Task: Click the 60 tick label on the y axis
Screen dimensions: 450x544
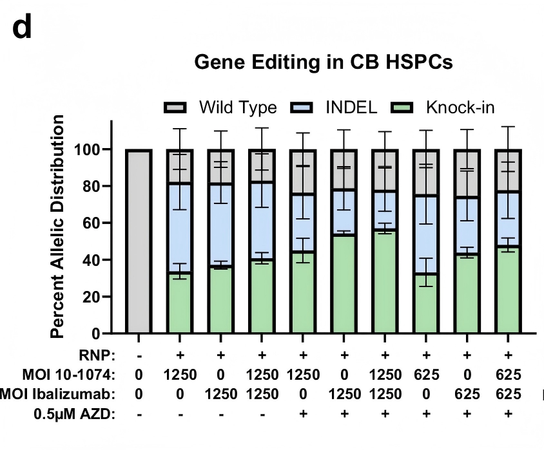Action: (x=95, y=223)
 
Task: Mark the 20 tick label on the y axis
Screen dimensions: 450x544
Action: (x=95, y=297)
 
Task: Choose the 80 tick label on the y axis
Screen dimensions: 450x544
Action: (x=95, y=187)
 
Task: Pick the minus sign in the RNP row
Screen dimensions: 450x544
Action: (x=139, y=354)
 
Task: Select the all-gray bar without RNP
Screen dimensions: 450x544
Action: (x=139, y=241)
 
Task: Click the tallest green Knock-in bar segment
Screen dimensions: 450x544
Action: (x=385, y=281)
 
